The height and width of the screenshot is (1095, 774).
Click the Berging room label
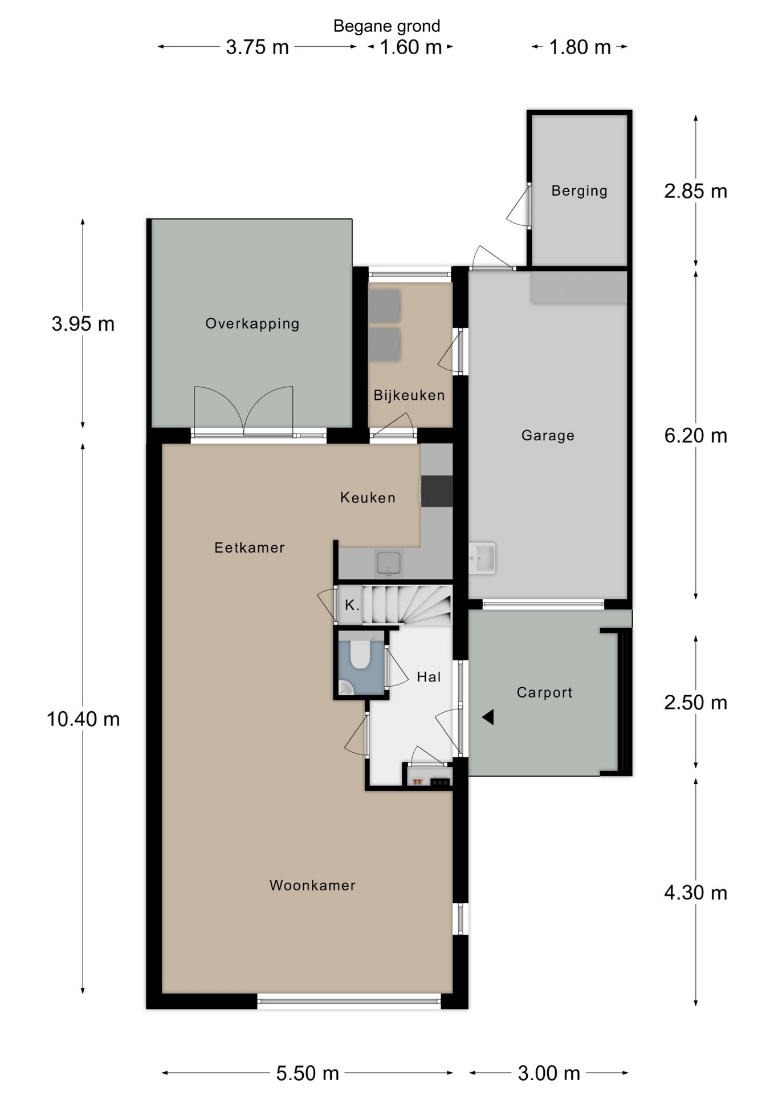pos(579,191)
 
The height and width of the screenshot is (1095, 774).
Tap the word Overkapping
pos(252,324)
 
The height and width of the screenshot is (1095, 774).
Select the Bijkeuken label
pos(409,395)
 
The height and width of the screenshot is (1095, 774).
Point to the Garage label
pos(548,436)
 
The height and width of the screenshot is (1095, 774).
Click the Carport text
pos(544,692)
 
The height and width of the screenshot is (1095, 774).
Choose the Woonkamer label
pos(312,885)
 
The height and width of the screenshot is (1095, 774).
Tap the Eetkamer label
pos(249,547)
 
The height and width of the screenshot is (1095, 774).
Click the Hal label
pos(429,677)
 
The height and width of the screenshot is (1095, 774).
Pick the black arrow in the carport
pos(488,717)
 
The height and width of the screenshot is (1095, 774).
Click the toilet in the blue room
pos(360,654)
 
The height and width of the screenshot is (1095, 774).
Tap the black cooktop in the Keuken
pos(437,491)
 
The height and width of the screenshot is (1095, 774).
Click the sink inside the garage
pos(482,558)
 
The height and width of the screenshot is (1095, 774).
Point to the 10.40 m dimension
pos(83,719)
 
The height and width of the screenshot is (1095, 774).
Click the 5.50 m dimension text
pos(308,1073)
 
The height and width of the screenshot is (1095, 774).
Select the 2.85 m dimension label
pos(695,191)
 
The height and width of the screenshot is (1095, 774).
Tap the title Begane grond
pos(386,26)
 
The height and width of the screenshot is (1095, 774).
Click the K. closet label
pos(352,605)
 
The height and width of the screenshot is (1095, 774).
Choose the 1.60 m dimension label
pos(411,47)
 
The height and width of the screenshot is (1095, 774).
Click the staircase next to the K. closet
pos(408,605)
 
